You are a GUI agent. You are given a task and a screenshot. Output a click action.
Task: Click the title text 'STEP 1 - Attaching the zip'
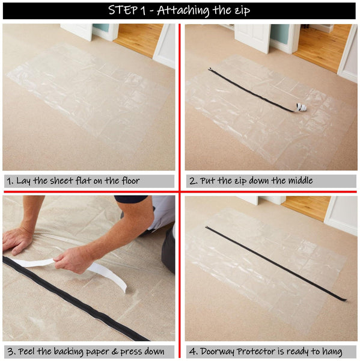179,10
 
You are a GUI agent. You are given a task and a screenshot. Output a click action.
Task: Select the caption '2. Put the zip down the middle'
251,180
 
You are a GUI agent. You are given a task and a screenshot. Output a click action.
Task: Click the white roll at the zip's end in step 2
302,108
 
